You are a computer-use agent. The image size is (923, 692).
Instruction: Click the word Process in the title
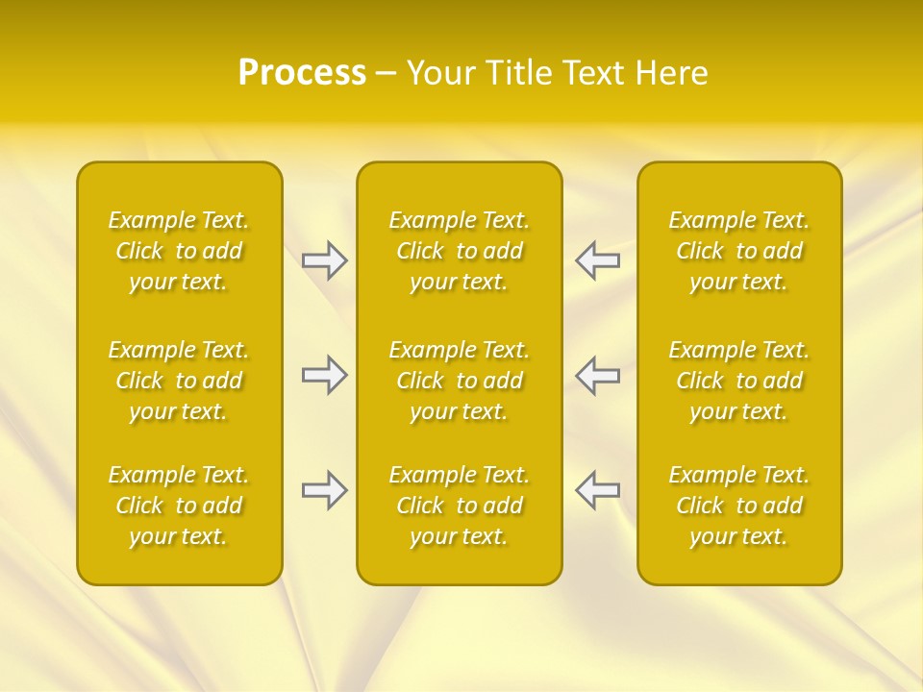(302, 73)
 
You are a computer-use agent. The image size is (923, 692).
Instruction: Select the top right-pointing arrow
(324, 260)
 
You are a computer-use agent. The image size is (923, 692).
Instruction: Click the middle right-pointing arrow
(324, 375)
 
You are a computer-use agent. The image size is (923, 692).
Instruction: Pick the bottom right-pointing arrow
(324, 491)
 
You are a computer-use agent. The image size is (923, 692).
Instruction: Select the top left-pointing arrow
(597, 260)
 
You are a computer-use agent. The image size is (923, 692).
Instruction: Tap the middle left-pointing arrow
(597, 375)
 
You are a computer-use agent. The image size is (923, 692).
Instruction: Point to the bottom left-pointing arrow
(597, 491)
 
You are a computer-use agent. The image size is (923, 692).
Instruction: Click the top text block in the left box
(179, 251)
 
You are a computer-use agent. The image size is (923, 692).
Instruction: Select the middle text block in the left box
(179, 381)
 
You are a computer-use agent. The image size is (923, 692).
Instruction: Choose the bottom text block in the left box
(179, 506)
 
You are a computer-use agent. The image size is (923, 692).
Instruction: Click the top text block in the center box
(460, 251)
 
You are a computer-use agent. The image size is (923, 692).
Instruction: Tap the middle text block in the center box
(460, 381)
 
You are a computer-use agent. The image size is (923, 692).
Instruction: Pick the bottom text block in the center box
(460, 506)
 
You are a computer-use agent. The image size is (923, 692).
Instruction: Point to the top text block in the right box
(739, 251)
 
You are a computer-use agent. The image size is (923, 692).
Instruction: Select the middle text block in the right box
(739, 381)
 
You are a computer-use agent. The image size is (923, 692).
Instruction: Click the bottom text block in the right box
(739, 506)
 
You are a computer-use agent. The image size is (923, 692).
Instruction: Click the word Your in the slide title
(442, 73)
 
